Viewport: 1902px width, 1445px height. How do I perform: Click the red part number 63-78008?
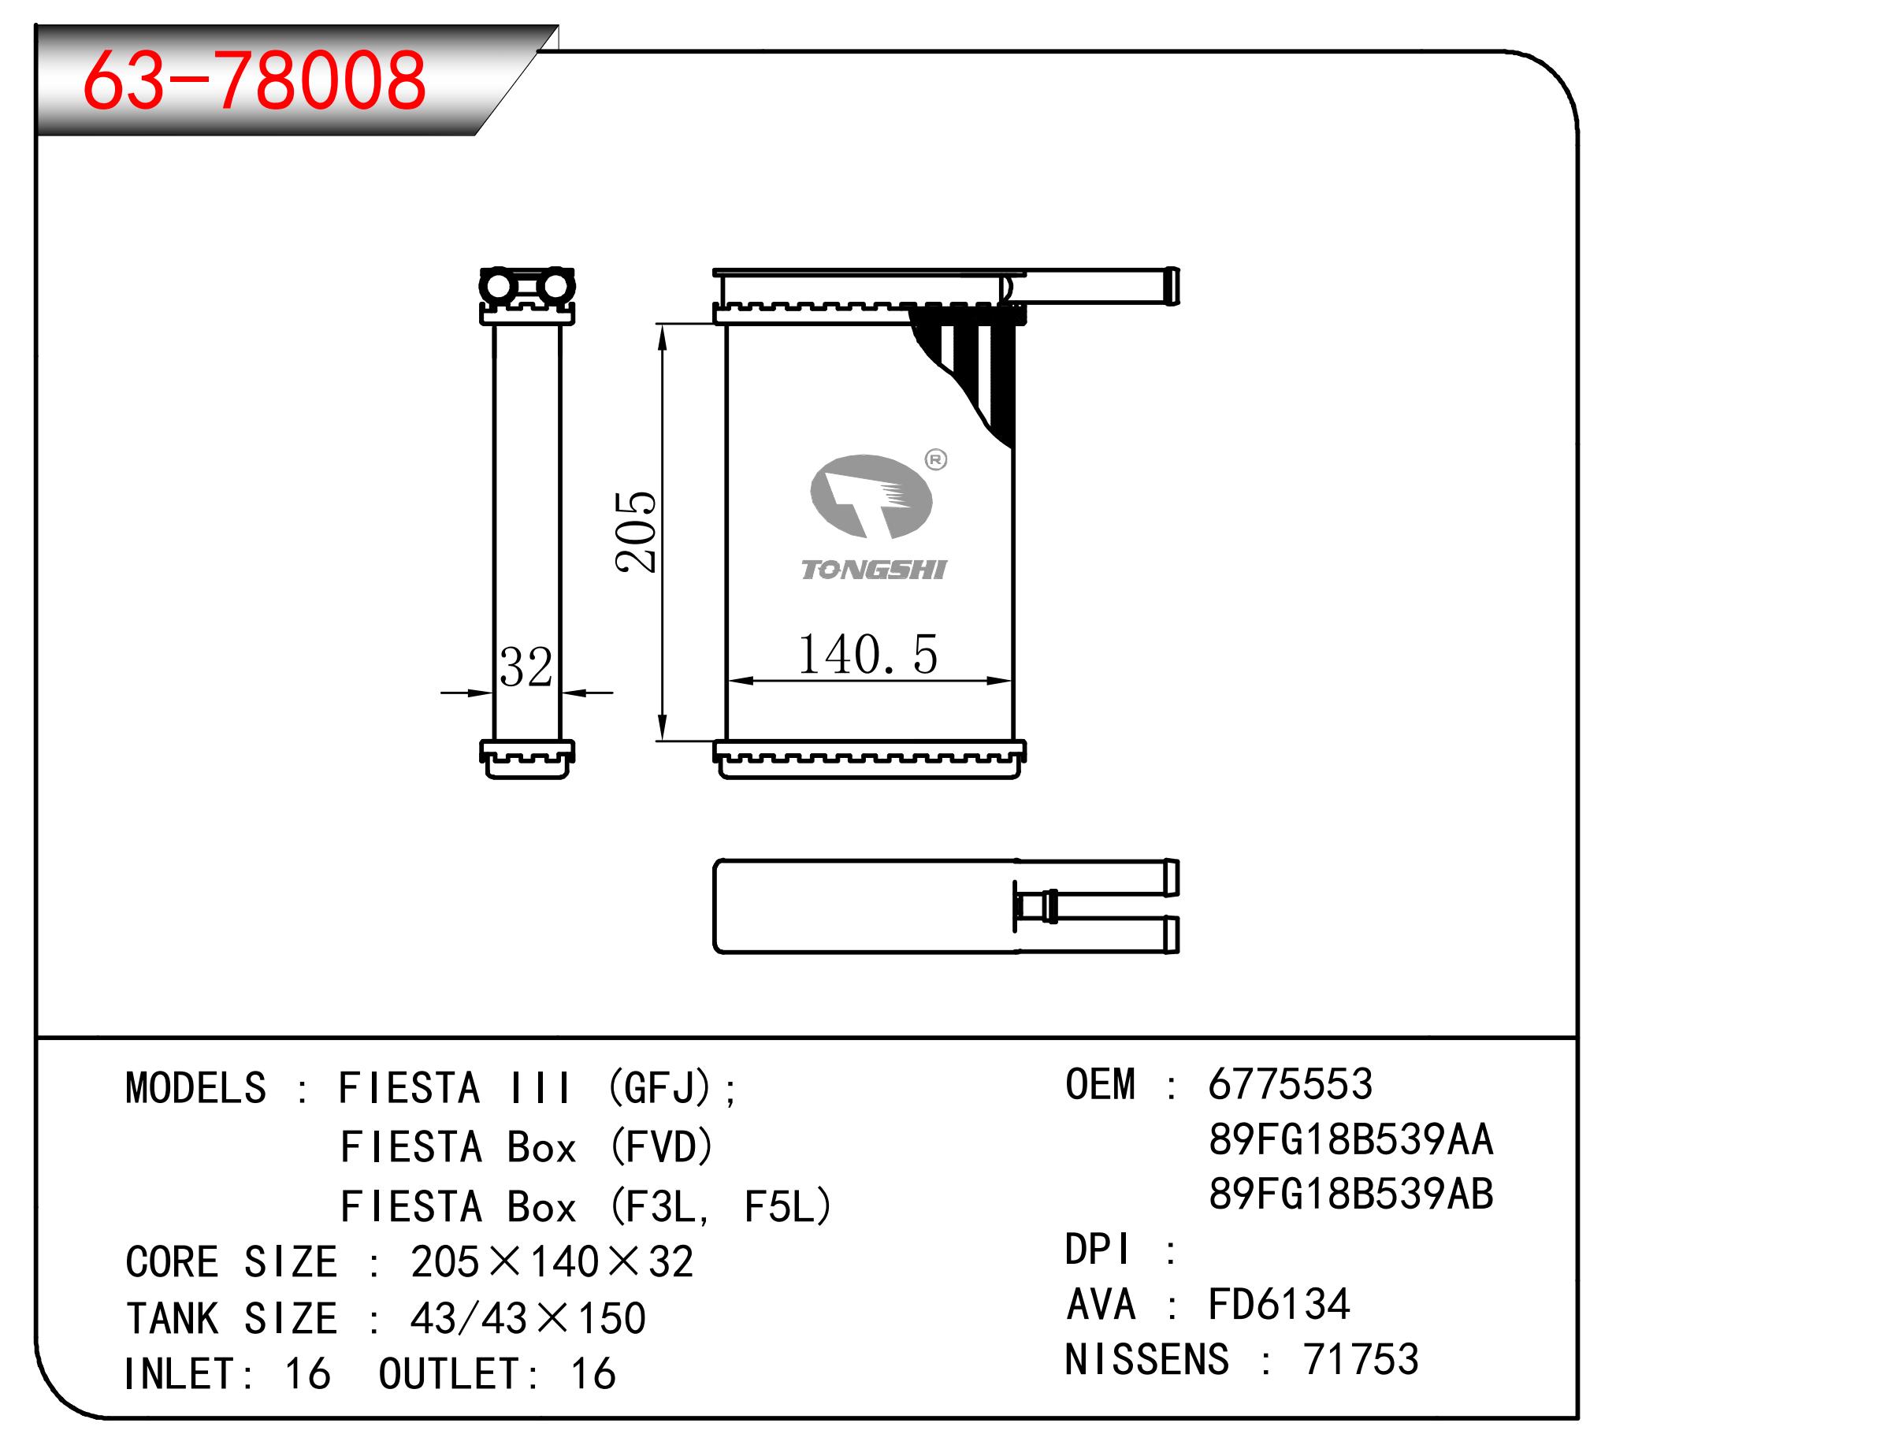click(254, 80)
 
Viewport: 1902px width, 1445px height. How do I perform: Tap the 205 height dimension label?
click(636, 532)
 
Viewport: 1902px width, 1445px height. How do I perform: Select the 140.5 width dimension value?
click(867, 655)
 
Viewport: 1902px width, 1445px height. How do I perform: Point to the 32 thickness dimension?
click(526, 667)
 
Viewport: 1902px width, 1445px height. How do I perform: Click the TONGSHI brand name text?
click(873, 570)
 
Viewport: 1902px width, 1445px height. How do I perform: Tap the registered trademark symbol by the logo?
click(936, 460)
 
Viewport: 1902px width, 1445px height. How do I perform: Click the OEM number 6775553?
click(1291, 1084)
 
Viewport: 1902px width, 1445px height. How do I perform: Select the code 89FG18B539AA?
click(1350, 1139)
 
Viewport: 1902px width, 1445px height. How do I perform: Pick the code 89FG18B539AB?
click(1350, 1194)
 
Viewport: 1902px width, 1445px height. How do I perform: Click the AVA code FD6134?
click(1280, 1304)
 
